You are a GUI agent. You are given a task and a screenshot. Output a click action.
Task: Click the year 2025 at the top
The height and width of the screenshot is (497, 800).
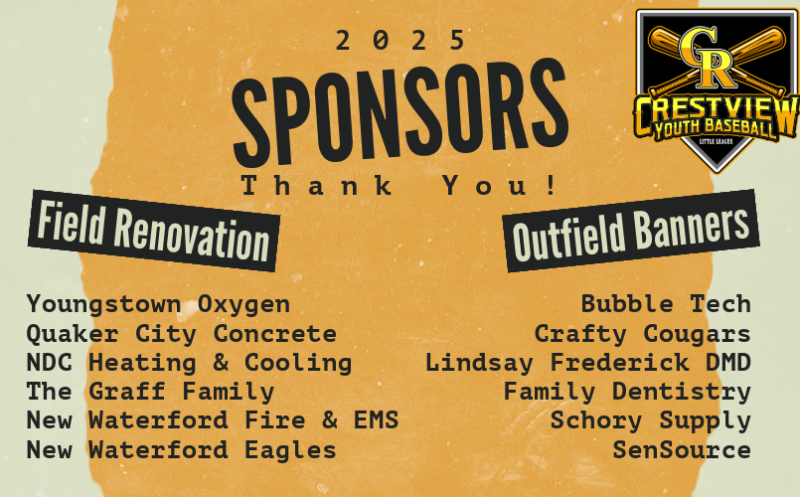pos(400,40)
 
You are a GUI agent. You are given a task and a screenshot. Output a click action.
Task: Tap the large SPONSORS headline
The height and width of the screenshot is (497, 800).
pos(400,110)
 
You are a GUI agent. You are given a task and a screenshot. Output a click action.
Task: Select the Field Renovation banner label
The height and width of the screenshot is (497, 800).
pos(154,231)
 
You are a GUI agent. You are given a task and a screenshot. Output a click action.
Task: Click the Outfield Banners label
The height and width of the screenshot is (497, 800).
pos(631,232)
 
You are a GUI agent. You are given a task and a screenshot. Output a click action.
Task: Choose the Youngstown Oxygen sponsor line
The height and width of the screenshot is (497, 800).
pos(158,305)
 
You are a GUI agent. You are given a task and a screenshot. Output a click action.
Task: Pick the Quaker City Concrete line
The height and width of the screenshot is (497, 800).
pos(182,334)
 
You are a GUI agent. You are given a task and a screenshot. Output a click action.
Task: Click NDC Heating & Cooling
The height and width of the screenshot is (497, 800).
pos(189,363)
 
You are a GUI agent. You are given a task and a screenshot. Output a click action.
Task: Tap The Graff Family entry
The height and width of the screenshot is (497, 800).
pos(150,392)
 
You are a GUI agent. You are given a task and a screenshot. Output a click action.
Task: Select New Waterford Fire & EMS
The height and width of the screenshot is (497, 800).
pos(213,420)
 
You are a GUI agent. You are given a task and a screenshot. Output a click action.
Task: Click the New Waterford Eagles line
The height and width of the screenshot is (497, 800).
pos(182,450)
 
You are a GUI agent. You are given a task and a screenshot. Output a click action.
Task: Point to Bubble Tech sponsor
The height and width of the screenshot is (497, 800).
pos(666,304)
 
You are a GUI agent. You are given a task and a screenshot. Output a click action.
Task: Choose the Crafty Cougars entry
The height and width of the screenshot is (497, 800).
pos(643,334)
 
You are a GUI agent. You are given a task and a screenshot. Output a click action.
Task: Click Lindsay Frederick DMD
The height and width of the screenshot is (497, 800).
pos(588,363)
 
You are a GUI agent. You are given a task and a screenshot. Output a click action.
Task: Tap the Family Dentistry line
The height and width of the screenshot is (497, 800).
pos(627,392)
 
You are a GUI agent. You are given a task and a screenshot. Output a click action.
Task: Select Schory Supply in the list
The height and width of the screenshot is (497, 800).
pos(651,421)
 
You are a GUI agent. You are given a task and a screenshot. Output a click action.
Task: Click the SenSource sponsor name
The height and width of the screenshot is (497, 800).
pos(682,450)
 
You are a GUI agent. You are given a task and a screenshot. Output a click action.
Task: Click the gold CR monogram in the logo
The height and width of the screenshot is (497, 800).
pos(707,57)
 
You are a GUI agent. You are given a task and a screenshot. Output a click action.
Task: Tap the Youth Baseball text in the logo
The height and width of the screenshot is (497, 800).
pos(715,129)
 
